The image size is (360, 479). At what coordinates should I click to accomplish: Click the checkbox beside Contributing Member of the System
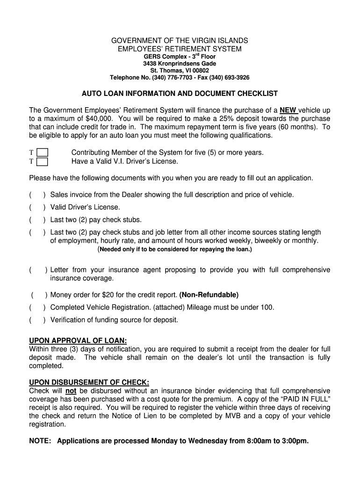point(42,152)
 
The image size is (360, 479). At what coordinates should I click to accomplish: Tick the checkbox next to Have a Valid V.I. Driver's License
point(42,162)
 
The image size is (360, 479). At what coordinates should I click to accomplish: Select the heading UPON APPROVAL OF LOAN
point(78,341)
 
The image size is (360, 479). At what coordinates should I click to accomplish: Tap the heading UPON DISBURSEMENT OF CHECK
point(89,383)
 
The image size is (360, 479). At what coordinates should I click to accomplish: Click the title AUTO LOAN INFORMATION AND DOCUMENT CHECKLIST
point(180,94)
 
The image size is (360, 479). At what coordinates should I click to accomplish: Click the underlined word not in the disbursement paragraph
point(71,391)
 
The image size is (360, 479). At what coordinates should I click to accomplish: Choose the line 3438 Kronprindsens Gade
point(180,64)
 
